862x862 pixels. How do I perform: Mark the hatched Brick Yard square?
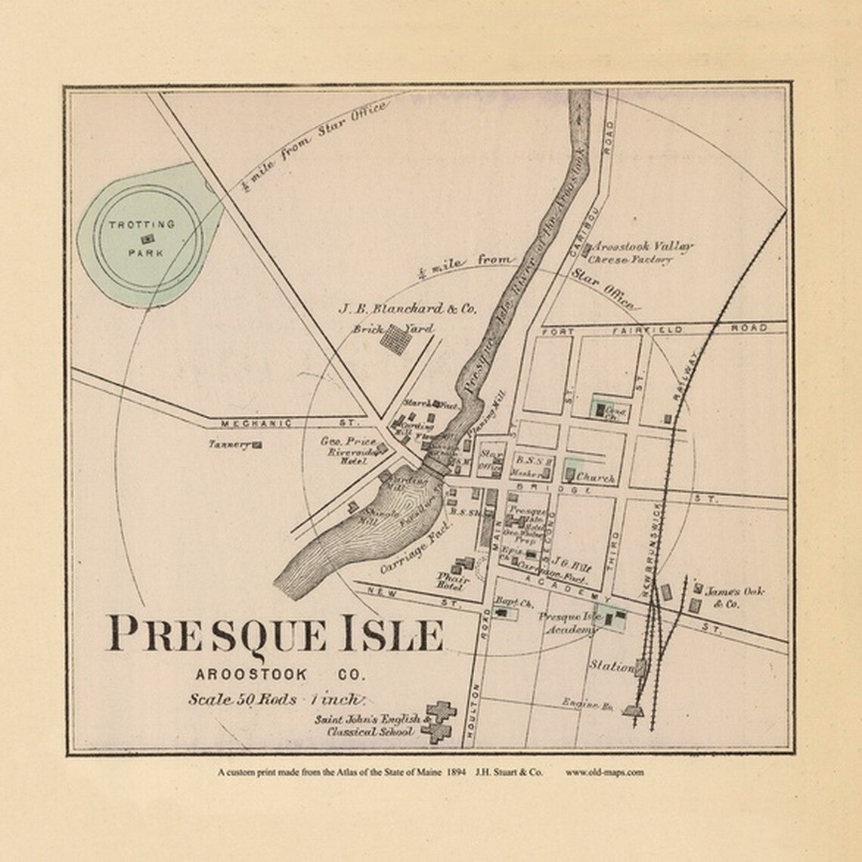pos(395,339)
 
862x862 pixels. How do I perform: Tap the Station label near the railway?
pos(611,667)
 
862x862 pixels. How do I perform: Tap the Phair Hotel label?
pos(453,580)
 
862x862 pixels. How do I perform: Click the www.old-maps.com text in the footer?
pos(605,772)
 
